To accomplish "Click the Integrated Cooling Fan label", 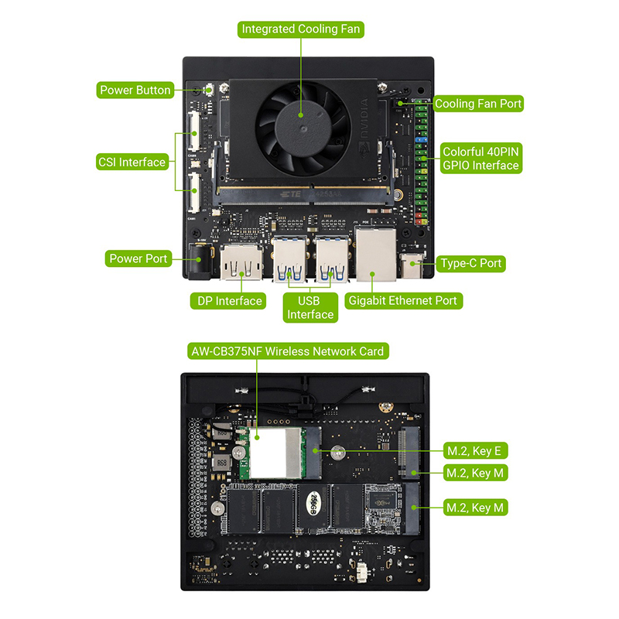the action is (300, 29).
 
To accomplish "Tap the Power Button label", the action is (135, 90).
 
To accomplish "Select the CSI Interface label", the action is (132, 162).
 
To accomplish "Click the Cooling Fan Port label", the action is (478, 104).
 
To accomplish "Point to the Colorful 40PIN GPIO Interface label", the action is (480, 159).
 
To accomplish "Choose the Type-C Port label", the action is (470, 263).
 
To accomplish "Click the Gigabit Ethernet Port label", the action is (403, 301).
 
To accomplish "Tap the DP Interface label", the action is (228, 301).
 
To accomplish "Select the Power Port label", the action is (139, 258).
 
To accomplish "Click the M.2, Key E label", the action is (475, 450).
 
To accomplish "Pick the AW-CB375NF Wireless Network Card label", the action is (288, 351).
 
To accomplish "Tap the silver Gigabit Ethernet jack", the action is (376, 255).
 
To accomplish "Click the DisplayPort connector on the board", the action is (241, 262).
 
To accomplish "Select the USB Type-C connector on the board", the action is (412, 265).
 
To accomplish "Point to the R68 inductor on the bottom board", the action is (221, 462).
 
